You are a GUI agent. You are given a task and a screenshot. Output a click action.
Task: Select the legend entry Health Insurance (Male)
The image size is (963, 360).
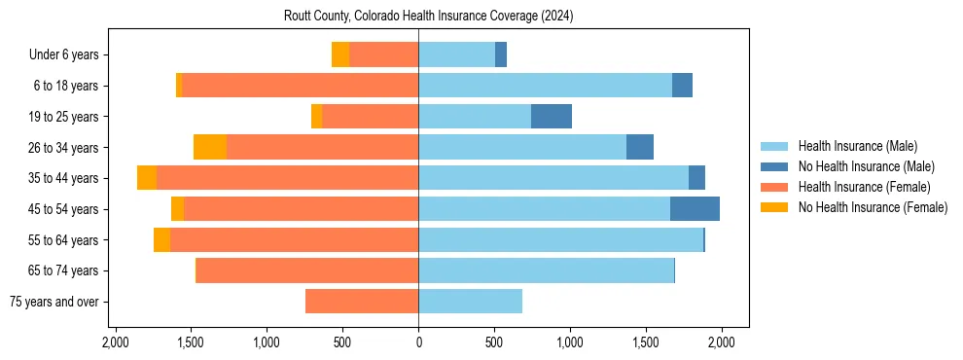(x=857, y=146)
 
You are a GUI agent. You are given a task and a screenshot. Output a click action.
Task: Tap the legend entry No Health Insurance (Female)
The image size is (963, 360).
(x=873, y=207)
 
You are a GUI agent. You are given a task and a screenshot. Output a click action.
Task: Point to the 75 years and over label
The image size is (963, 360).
(x=54, y=302)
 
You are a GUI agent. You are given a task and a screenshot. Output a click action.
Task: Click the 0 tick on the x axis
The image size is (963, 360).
(x=418, y=342)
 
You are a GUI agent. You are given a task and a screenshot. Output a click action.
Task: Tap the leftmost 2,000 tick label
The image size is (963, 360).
(x=116, y=342)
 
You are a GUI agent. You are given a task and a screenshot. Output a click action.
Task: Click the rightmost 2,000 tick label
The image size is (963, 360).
(x=721, y=342)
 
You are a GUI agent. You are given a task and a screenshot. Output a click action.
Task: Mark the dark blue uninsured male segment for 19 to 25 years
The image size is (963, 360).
(x=552, y=117)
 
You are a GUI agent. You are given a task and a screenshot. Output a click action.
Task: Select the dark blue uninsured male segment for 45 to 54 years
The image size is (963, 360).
(x=695, y=209)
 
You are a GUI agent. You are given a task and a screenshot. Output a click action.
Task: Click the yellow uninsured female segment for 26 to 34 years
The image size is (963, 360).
(x=210, y=147)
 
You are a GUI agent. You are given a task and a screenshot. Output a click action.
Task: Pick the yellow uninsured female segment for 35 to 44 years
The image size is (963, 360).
(x=147, y=178)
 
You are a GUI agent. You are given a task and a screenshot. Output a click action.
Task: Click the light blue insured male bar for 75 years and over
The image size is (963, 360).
(x=470, y=302)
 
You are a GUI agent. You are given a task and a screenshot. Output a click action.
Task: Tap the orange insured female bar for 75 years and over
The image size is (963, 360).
(x=362, y=302)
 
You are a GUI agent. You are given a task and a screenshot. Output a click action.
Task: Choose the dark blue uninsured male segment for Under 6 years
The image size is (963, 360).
(x=501, y=55)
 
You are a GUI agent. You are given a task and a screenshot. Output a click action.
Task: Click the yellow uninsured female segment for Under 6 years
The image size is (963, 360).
(x=340, y=55)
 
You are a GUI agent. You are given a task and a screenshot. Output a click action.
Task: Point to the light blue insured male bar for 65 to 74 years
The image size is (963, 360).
(x=546, y=270)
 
